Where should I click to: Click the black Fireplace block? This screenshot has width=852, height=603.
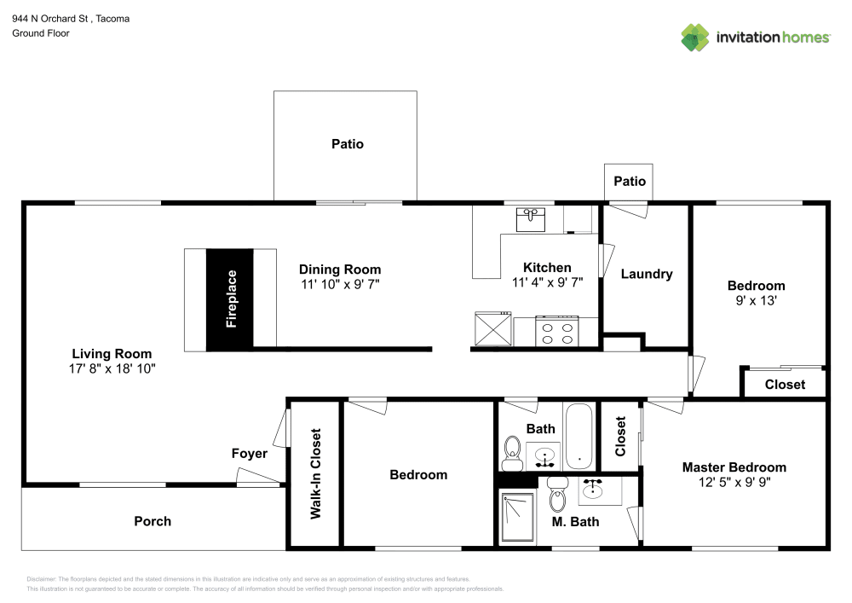(230, 299)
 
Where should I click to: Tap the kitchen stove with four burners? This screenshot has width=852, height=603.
(556, 330)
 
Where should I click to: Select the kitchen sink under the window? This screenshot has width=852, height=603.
(533, 218)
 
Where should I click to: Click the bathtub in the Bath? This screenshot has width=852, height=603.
(579, 436)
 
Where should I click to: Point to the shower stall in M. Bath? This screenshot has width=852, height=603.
(517, 516)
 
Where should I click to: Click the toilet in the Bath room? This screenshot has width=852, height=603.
(513, 452)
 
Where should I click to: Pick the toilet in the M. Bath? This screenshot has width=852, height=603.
(557, 496)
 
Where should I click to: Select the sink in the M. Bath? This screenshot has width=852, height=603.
(591, 490)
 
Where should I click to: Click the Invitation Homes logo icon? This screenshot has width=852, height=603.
(695, 38)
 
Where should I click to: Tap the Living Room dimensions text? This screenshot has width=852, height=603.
(112, 368)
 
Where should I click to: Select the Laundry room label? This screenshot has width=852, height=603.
(647, 274)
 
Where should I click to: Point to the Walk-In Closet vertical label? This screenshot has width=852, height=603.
(315, 473)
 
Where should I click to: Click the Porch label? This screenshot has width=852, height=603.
(153, 521)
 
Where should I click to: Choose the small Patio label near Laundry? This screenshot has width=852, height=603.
(630, 181)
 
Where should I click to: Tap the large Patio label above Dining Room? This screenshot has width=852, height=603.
(347, 144)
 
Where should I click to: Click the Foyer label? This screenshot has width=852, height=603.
(250, 454)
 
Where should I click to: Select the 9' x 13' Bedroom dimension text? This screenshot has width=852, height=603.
(756, 300)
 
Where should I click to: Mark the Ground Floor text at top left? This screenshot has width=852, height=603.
(41, 33)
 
